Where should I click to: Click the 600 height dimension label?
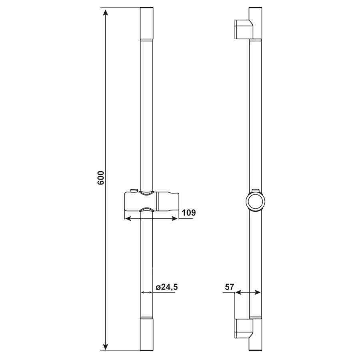[x=100, y=178]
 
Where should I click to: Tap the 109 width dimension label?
[x=189, y=213]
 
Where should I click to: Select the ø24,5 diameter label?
[x=167, y=287]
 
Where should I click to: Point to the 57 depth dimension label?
[x=229, y=287]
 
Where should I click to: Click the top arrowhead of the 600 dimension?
[x=105, y=12]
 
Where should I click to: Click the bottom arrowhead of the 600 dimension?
[x=105, y=347]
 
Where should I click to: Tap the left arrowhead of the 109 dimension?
[x=128, y=218]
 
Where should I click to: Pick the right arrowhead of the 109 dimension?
[x=175, y=218]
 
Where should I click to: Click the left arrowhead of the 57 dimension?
[x=238, y=292]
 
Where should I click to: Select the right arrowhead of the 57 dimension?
[x=258, y=292]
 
